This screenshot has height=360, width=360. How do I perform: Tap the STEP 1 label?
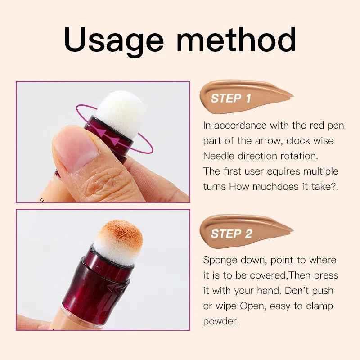(x=231, y=99)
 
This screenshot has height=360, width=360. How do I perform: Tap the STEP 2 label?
(x=231, y=234)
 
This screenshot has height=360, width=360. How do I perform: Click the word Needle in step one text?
(x=217, y=156)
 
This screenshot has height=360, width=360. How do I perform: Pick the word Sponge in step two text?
(x=219, y=260)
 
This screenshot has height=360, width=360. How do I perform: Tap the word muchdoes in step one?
(x=270, y=187)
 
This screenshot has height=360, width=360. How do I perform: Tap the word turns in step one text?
(x=214, y=187)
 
